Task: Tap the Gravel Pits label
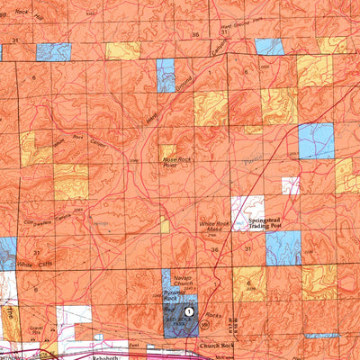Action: click(x=36, y=328)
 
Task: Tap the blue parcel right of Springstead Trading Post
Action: click(x=283, y=247)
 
